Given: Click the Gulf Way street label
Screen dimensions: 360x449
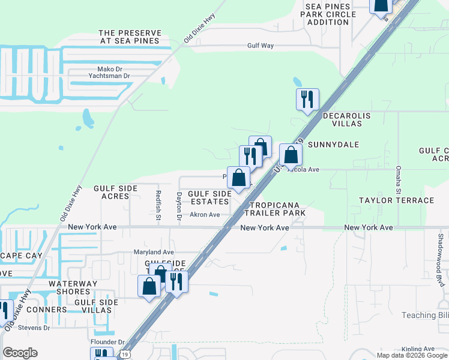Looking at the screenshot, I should pyautogui.click(x=261, y=46).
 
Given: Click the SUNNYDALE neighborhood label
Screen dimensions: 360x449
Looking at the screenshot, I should pyautogui.click(x=333, y=145).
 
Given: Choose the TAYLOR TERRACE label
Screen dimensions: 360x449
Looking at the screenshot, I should pyautogui.click(x=396, y=200).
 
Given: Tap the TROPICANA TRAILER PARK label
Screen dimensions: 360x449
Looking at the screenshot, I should pyautogui.click(x=274, y=209).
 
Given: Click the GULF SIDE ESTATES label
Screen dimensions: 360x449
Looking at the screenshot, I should pyautogui.click(x=209, y=197).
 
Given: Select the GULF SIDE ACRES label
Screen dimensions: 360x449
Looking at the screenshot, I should pyautogui.click(x=116, y=192).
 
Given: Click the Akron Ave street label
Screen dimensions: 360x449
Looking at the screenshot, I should pyautogui.click(x=205, y=215).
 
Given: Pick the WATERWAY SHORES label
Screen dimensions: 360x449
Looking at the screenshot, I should pyautogui.click(x=70, y=287).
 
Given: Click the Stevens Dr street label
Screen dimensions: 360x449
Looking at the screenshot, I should pyautogui.click(x=34, y=328).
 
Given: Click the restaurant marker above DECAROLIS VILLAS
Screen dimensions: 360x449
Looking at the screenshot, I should pyautogui.click(x=307, y=100).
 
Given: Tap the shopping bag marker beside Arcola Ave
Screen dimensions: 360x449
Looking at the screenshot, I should pyautogui.click(x=291, y=155).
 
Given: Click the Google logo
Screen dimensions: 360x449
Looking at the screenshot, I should pyautogui.click(x=20, y=353).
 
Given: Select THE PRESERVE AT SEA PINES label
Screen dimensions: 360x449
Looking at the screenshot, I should pyautogui.click(x=130, y=37).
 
